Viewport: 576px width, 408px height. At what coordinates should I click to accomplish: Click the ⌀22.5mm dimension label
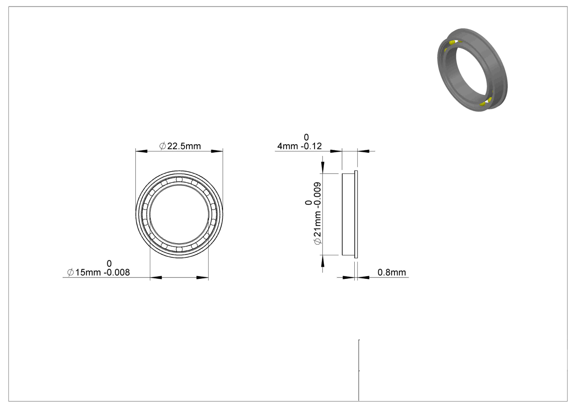(180, 146)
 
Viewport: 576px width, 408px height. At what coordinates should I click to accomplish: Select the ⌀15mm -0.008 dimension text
(99, 273)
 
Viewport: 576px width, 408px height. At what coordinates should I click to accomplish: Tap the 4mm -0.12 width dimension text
(299, 146)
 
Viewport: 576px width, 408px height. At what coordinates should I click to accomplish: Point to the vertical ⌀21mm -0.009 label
(317, 213)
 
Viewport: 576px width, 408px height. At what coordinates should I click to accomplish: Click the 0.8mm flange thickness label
(392, 272)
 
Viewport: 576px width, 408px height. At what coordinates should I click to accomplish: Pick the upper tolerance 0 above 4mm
(306, 137)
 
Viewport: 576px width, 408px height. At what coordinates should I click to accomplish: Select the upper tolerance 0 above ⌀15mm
(109, 263)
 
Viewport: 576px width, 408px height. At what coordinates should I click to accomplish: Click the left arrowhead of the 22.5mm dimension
(141, 151)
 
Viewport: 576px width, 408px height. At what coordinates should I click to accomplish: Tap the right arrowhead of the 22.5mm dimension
(217, 151)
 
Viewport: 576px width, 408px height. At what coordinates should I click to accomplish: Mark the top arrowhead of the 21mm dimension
(323, 168)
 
